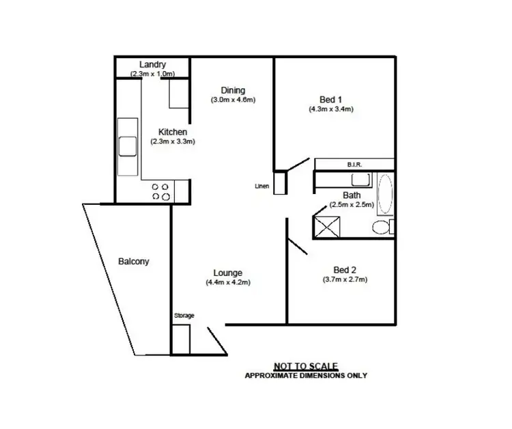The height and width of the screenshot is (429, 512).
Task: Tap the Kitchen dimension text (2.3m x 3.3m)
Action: point(173,142)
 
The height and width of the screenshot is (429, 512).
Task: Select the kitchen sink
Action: point(127,146)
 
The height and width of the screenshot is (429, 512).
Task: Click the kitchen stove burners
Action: point(160,191)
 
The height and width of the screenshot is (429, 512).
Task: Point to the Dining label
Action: point(233,90)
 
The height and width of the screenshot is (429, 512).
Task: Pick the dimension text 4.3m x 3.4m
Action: point(330,108)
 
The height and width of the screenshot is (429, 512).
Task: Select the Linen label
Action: point(261,185)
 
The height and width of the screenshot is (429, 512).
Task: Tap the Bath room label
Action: point(352,195)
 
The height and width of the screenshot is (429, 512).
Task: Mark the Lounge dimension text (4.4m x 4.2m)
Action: point(228,283)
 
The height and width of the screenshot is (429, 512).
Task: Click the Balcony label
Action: point(133,261)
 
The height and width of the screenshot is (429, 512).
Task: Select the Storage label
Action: point(184,315)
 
